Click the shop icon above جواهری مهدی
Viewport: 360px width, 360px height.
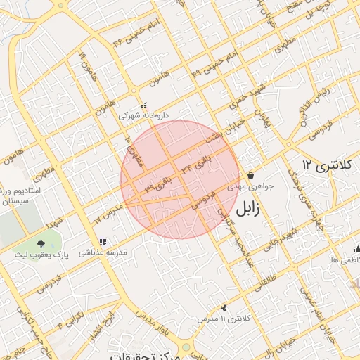pos(250,175)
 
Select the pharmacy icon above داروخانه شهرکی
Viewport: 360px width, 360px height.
pos(143,105)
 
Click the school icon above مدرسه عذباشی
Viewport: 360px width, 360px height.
pos(102,242)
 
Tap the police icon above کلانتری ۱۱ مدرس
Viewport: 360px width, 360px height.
pos(224,307)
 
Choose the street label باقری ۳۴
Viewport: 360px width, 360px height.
pos(195,165)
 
